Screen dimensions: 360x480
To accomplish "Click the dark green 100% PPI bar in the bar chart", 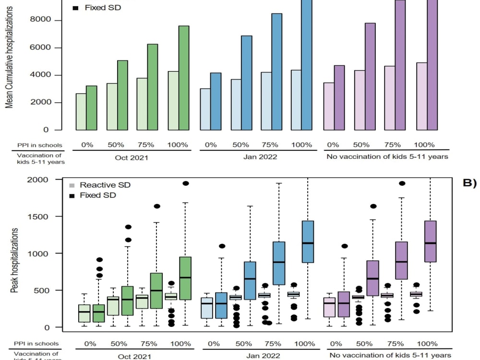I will (184, 78).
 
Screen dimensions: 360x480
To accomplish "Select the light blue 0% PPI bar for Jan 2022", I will (205, 109).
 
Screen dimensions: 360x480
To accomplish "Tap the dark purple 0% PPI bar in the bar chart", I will (339, 97).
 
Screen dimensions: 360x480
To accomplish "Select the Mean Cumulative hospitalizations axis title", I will (9, 58).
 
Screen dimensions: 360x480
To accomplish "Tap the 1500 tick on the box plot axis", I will (57, 216).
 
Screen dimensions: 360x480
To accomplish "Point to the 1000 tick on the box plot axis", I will (57, 253).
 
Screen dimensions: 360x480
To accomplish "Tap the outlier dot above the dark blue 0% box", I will (222, 246).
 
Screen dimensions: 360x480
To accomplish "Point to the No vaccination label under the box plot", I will (390, 356).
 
